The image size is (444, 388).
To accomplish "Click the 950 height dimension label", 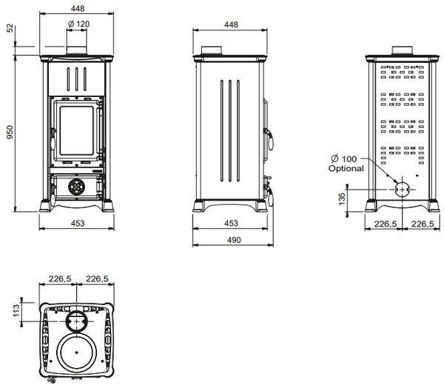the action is pos(10,132).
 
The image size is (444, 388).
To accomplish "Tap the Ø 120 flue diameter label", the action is pos(78,24).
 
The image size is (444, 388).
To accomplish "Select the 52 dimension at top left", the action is pos(10,28).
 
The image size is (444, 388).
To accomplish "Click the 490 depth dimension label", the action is pos(234,240).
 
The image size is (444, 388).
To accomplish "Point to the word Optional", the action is pos(346,168).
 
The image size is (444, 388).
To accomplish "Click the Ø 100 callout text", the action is pos(344,158).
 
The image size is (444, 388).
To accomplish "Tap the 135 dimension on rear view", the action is pos(342,199).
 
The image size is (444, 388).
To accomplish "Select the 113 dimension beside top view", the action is pos(16,310).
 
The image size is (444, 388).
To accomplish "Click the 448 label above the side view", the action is pos(231,24).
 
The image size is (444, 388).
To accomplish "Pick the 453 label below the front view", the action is pos(78,224).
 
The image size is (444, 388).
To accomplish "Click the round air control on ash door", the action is pos(76,187).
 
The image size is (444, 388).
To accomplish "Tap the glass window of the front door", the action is pos(76,130).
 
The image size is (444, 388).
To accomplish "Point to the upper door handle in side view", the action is pos(269,139).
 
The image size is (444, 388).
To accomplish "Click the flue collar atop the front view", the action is pos(76,50).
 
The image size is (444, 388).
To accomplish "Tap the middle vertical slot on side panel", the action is pos(230,130).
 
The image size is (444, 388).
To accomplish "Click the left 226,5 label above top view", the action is pos(60,279).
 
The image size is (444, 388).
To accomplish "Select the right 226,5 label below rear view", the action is pos(423,224).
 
